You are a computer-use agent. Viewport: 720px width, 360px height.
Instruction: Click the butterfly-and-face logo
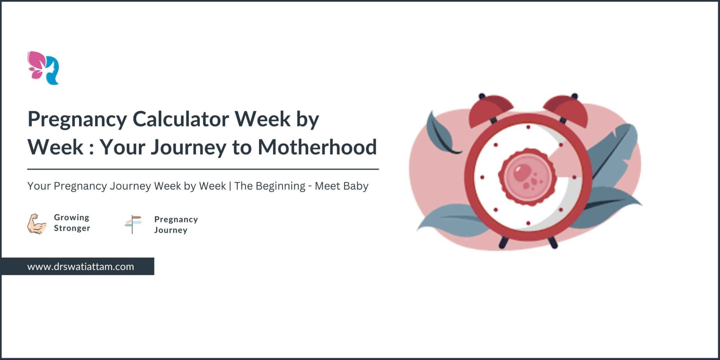pyautogui.click(x=43, y=68)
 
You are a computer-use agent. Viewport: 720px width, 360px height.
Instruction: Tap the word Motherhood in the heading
pyautogui.click(x=317, y=147)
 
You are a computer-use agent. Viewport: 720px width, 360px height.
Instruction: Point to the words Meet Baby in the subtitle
pyautogui.click(x=341, y=186)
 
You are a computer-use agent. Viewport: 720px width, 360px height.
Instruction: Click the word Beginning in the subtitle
pyautogui.click(x=280, y=186)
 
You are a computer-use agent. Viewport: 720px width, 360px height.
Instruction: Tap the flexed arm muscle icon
pyautogui.click(x=37, y=224)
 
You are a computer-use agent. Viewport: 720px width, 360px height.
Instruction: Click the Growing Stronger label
pyautogui.click(x=72, y=223)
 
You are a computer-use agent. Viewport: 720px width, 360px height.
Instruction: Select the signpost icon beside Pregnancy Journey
pyautogui.click(x=133, y=224)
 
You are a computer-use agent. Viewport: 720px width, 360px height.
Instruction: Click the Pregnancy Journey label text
pyautogui.click(x=176, y=225)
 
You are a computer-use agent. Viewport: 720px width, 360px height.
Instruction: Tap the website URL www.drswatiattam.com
pyautogui.click(x=81, y=266)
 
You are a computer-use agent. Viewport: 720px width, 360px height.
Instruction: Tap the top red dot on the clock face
pyautogui.click(x=528, y=127)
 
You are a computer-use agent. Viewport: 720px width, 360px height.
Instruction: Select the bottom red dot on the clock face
pyautogui.click(x=528, y=223)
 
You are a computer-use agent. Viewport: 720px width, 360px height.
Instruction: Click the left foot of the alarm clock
pyautogui.click(x=503, y=243)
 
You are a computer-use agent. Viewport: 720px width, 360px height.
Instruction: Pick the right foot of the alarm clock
pyautogui.click(x=553, y=243)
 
